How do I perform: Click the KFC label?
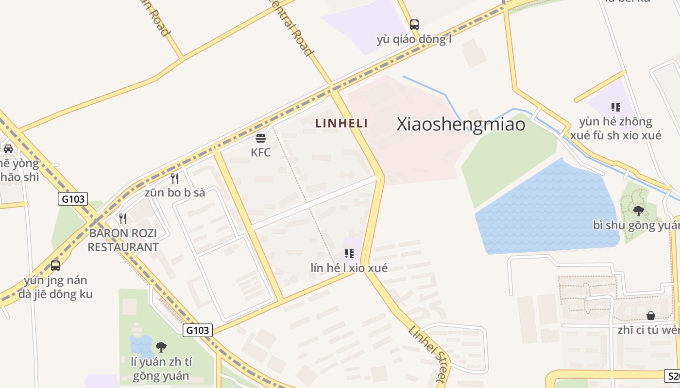click(x=260, y=152)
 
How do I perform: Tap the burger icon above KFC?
click(x=260, y=138)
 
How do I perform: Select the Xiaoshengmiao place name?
click(x=461, y=124)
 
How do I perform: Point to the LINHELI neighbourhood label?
click(x=341, y=123)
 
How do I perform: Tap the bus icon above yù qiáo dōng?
click(x=414, y=24)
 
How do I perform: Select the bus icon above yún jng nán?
click(x=55, y=265)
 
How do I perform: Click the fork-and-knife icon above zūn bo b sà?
click(x=175, y=178)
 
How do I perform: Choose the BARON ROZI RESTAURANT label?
click(x=123, y=240)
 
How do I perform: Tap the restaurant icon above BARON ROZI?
click(x=123, y=219)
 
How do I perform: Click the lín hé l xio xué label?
click(x=349, y=268)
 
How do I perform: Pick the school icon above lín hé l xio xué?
click(x=349, y=253)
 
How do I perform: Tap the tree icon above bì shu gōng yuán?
click(x=638, y=210)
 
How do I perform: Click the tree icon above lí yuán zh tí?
click(x=161, y=347)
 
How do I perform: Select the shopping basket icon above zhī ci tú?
click(x=651, y=316)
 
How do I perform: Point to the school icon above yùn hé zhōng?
click(x=615, y=107)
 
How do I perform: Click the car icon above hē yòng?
click(x=8, y=148)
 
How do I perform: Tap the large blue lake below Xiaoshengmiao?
click(x=544, y=213)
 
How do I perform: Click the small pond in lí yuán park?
click(x=141, y=345)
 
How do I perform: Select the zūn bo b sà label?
click(x=175, y=193)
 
